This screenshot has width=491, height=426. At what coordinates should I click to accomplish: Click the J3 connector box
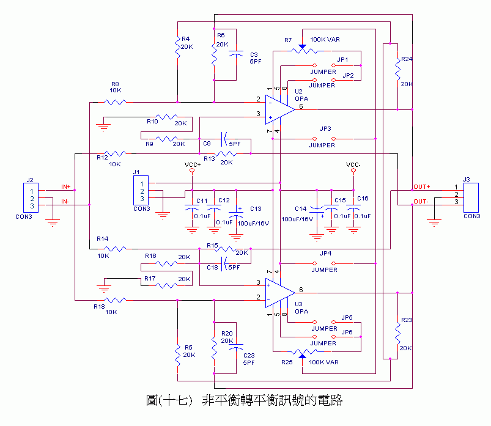(471, 194)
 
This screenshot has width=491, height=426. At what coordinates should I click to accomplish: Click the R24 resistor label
(406, 59)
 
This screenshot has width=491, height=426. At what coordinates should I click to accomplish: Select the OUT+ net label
(422, 186)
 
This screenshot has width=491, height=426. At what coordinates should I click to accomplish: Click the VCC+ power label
(192, 165)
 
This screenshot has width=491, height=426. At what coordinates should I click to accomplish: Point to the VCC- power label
(353, 165)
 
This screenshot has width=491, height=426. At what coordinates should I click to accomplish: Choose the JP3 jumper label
(325, 129)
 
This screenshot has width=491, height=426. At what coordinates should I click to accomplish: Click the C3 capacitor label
(254, 54)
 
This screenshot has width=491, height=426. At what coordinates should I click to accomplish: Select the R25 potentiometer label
(287, 362)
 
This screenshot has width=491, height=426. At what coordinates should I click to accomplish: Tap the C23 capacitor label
(248, 354)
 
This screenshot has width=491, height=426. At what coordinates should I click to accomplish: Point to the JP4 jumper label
(325, 253)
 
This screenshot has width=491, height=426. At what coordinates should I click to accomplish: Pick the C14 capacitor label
(300, 208)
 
